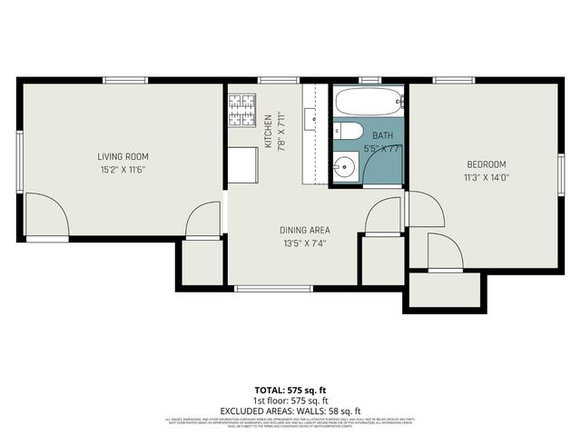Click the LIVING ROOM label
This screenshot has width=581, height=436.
pyautogui.click(x=123, y=156)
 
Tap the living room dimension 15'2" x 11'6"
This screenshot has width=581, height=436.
pyautogui.click(x=123, y=169)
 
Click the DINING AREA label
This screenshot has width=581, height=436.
pyautogui.click(x=305, y=230)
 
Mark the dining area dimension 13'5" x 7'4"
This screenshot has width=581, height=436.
pyautogui.click(x=305, y=243)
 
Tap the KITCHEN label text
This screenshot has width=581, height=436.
pyautogui.click(x=268, y=132)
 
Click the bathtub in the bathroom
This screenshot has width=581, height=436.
pyautogui.click(x=368, y=101)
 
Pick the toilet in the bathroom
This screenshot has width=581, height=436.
pyautogui.click(x=350, y=132)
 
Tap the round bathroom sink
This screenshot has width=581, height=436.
pyautogui.click(x=344, y=167)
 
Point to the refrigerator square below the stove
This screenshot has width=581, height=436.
pyautogui.click(x=241, y=164)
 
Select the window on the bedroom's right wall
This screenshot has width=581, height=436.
pyautogui.click(x=561, y=173)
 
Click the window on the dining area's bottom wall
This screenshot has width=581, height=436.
pyautogui.click(x=273, y=289)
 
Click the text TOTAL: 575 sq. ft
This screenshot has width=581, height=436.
pyautogui.click(x=290, y=390)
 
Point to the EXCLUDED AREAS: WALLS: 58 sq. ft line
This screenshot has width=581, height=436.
pyautogui.click(x=290, y=410)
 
